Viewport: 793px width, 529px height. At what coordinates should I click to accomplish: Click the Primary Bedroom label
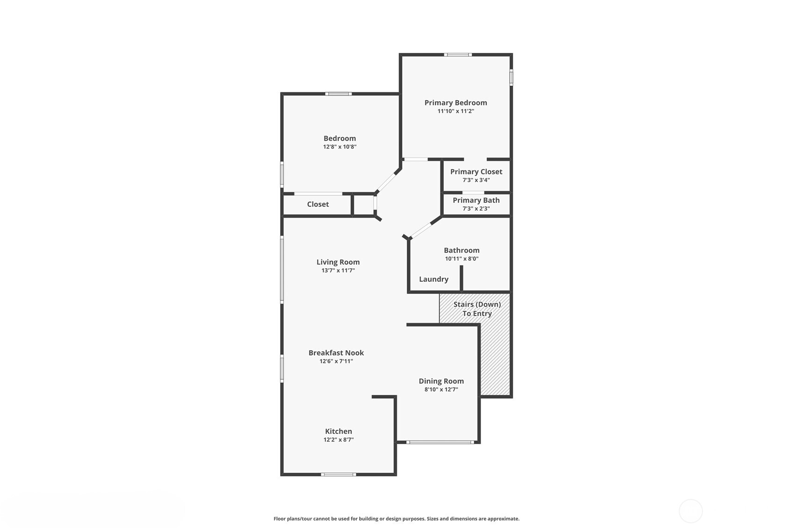[455, 103]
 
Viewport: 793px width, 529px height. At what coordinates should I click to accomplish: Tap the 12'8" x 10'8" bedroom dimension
[339, 147]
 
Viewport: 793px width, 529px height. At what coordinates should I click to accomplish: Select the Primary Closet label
[476, 172]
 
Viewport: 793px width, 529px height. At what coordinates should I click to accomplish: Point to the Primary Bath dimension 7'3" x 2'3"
[476, 208]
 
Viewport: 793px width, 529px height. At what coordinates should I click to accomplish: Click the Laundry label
[433, 279]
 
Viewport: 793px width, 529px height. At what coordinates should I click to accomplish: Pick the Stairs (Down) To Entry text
[477, 309]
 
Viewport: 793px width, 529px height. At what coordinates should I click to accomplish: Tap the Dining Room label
[441, 381]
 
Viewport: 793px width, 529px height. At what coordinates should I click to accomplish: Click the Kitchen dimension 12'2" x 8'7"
[339, 440]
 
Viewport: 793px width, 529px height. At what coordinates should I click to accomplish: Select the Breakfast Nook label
[336, 353]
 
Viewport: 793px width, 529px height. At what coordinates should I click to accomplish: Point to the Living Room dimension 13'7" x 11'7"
[338, 270]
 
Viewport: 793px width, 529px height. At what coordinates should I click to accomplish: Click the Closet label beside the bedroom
[317, 204]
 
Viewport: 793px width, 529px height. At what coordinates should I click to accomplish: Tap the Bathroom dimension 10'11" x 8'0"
[461, 258]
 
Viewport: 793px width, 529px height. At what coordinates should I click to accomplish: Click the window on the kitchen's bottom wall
[339, 475]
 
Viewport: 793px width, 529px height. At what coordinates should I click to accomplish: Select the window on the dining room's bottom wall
[440, 442]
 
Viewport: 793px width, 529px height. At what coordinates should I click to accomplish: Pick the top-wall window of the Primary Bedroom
[458, 55]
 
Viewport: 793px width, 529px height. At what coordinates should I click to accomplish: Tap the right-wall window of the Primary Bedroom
[511, 77]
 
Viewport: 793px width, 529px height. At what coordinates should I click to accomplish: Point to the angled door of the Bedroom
[386, 182]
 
